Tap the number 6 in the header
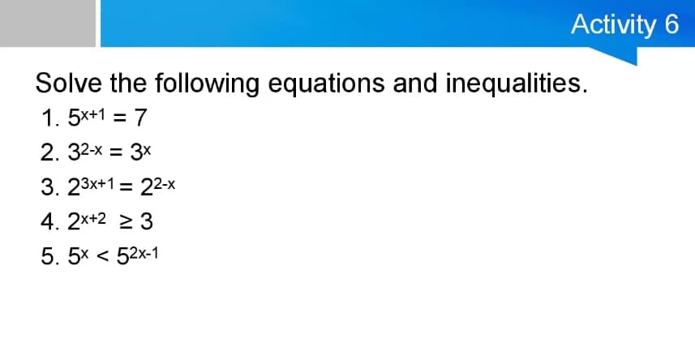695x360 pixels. (x=671, y=24)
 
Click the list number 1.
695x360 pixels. (x=46, y=119)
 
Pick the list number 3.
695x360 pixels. (x=46, y=187)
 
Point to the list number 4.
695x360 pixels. (x=46, y=221)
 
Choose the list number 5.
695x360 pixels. (x=46, y=256)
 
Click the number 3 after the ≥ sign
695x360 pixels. (x=147, y=221)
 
